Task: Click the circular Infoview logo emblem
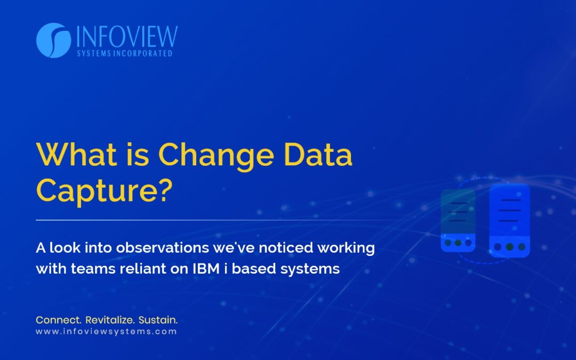tap(53, 41)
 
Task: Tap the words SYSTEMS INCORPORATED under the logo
tap(124, 53)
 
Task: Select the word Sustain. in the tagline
tap(158, 320)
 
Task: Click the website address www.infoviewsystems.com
tap(106, 332)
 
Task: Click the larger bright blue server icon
tap(509, 220)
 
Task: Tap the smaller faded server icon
tap(458, 220)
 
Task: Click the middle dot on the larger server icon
tap(509, 247)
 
